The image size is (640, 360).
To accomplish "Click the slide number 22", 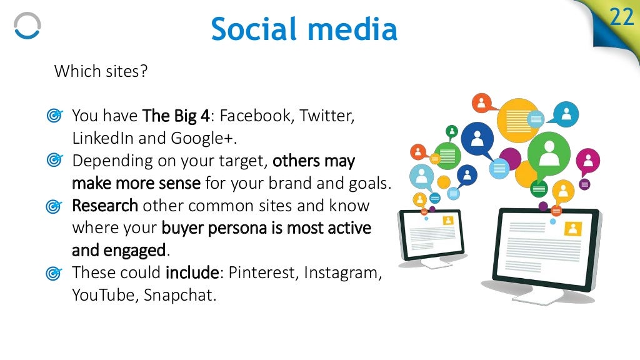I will (x=622, y=17).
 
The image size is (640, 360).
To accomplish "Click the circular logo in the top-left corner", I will (x=27, y=27).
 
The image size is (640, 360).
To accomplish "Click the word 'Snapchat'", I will (x=180, y=295).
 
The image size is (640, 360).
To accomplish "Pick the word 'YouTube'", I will (x=104, y=295).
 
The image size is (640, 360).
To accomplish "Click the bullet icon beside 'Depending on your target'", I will (x=54, y=161).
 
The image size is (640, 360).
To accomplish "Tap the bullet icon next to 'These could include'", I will (x=54, y=273).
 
